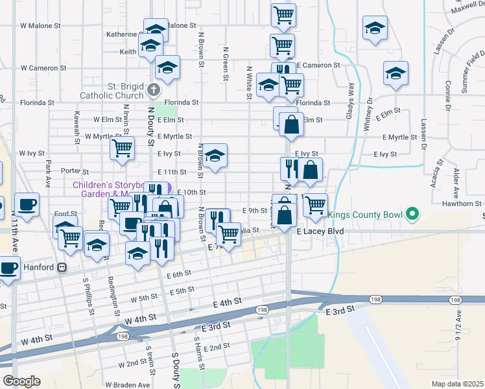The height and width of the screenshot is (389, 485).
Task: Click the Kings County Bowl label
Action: point(365,214)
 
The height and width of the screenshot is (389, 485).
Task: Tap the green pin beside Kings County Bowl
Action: point(410,214)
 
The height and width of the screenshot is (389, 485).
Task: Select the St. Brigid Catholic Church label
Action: point(112,91)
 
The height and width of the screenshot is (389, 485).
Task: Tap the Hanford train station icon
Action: point(62,266)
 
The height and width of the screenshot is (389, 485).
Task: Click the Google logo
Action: point(21,381)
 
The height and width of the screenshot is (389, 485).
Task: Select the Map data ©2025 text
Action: point(456,384)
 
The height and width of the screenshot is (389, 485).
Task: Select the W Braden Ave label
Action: point(127,384)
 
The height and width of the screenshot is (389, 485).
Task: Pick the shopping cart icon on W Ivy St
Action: point(122,148)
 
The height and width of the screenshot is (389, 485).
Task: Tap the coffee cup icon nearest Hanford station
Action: point(9,266)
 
